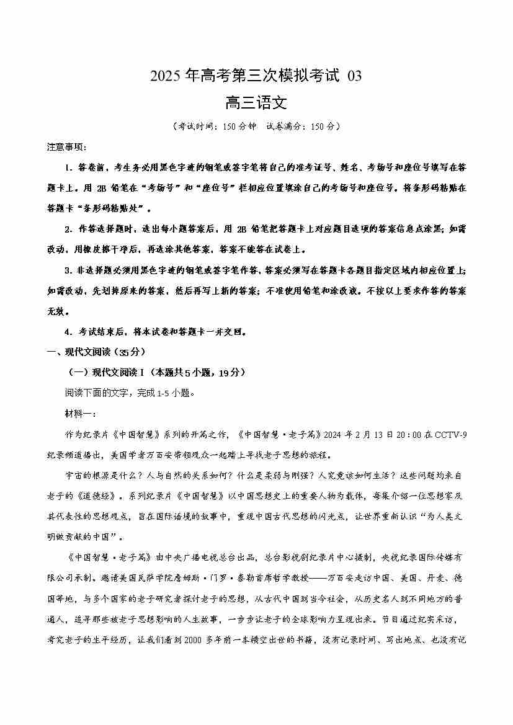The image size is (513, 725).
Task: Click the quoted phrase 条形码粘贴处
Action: click(119, 208)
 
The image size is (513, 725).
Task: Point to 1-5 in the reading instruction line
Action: click(146, 393)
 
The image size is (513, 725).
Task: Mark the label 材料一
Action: click(80, 413)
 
